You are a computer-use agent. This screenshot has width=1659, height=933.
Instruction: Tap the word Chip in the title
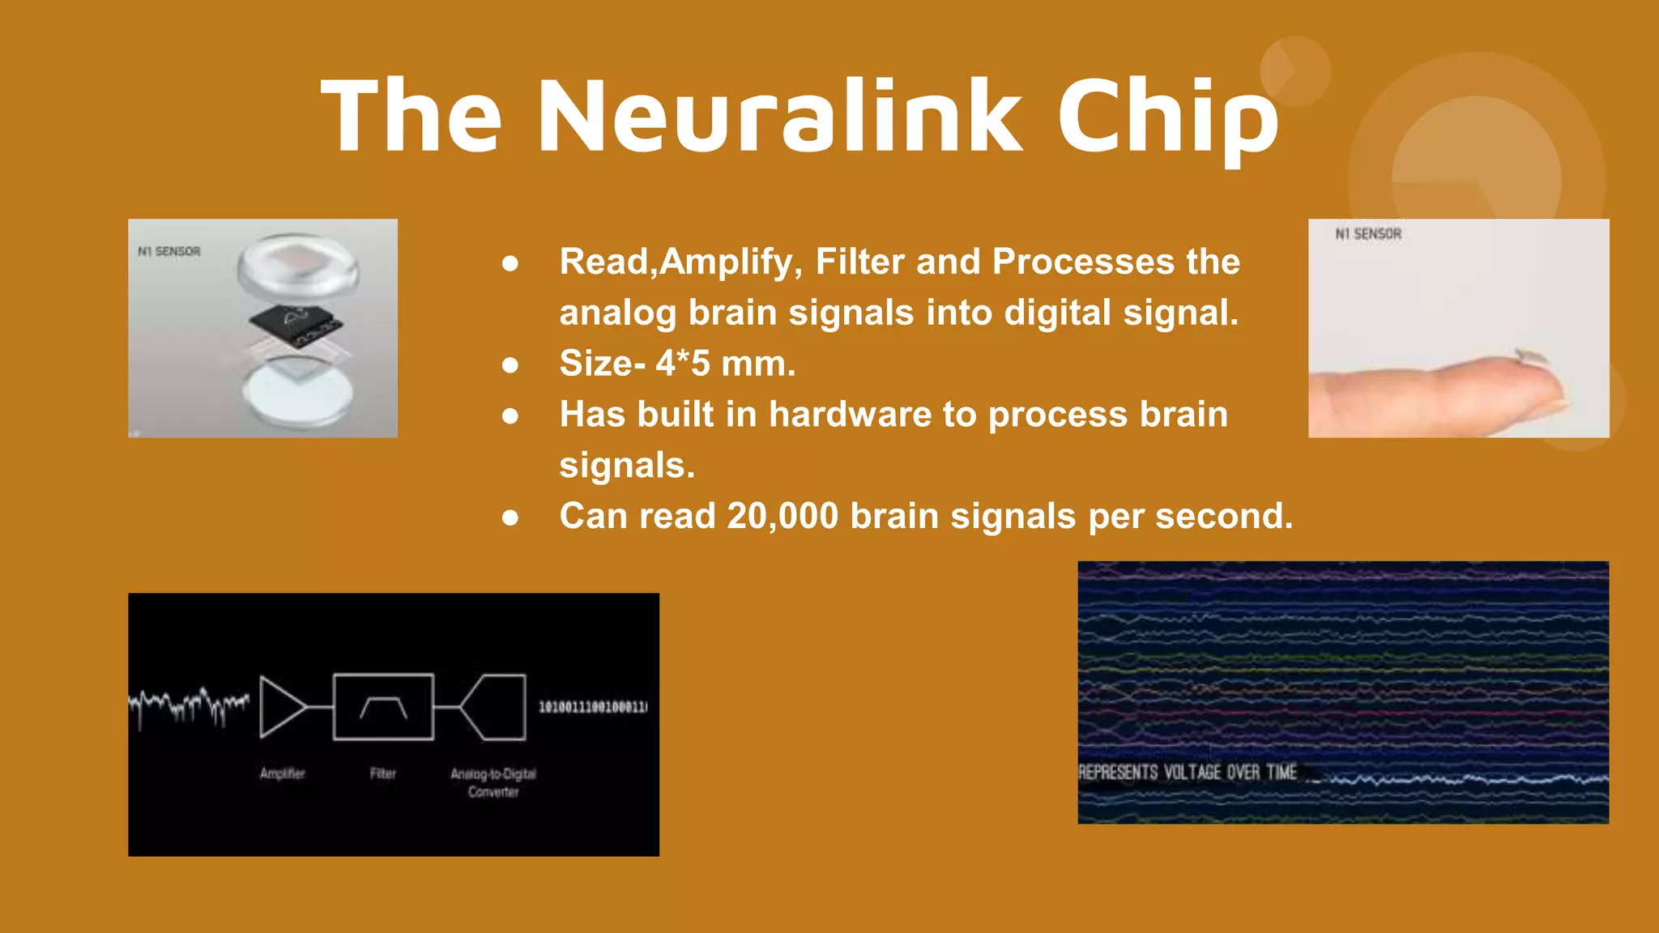coord(1168,115)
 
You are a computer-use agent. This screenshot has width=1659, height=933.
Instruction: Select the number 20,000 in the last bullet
coord(783,516)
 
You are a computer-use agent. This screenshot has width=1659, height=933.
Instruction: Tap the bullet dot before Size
coord(510,365)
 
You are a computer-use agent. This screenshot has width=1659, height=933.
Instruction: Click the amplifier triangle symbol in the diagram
coord(281,707)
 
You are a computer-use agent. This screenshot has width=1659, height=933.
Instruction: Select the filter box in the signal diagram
coord(383,707)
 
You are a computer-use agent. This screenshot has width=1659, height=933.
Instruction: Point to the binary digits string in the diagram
coord(593,707)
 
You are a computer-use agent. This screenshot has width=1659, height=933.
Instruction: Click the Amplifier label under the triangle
coord(282,773)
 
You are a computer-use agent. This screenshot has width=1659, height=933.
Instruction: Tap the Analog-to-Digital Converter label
coord(493,782)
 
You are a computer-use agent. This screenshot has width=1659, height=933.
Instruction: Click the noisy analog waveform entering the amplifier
coord(189,705)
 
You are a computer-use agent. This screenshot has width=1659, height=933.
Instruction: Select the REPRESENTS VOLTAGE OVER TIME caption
coord(1188,772)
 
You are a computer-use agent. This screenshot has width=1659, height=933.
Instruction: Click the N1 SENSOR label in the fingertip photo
coord(1368,234)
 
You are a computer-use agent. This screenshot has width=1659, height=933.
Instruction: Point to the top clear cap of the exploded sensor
coord(297,266)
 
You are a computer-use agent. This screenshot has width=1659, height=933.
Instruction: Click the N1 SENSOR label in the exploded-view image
coord(168,252)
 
